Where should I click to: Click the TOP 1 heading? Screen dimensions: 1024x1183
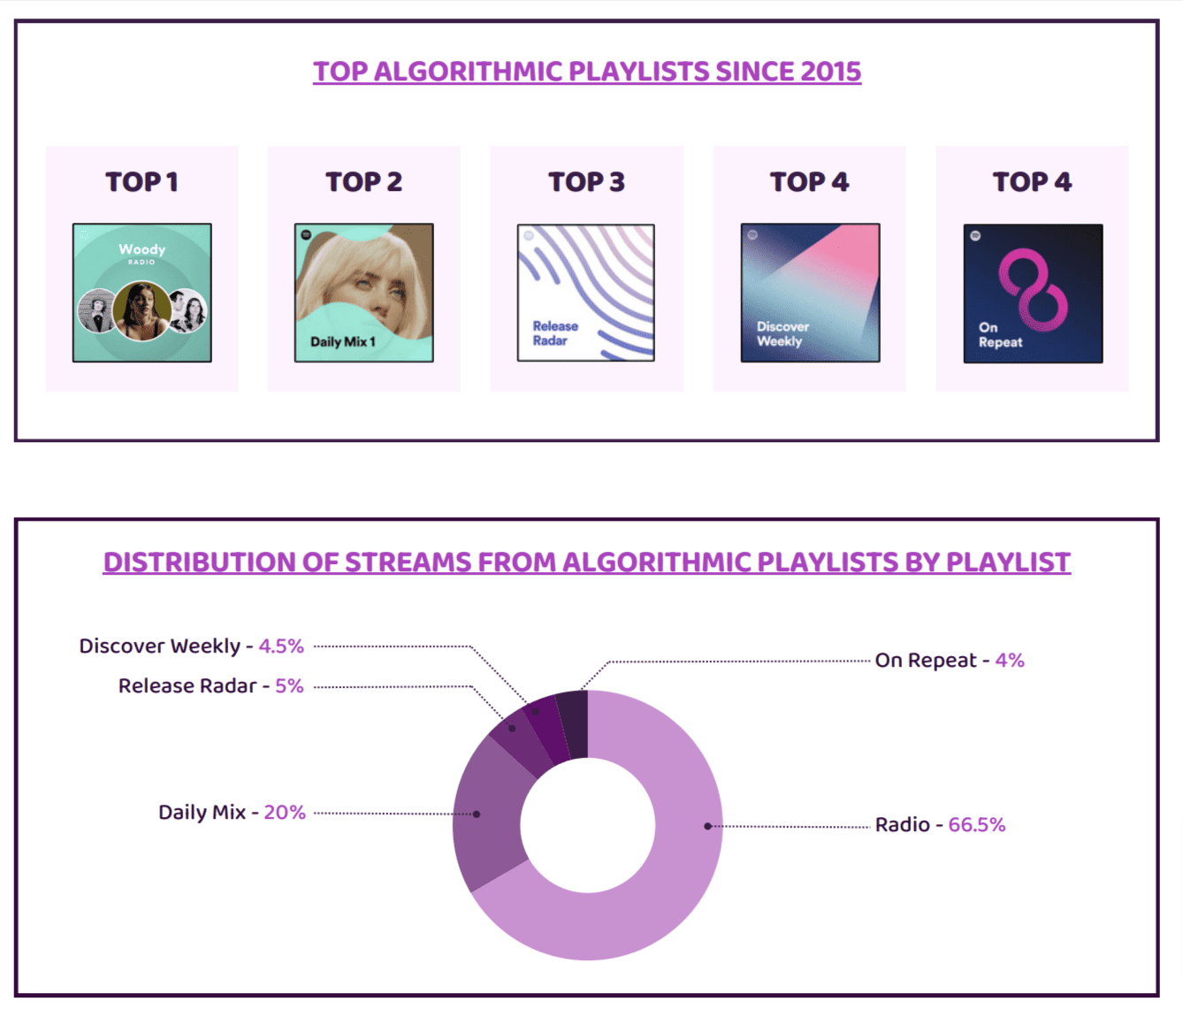tap(141, 182)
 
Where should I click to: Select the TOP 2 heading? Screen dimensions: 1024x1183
tap(363, 182)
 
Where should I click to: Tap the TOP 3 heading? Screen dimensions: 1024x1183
tap(586, 182)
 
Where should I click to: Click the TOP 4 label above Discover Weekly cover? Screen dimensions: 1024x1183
tap(809, 182)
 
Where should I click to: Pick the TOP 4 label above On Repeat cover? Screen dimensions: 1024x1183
tap(1032, 182)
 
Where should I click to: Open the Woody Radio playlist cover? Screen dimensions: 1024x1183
tap(141, 293)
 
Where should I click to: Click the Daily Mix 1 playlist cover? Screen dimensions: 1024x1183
tap(363, 293)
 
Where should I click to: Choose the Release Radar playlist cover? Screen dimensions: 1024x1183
tap(586, 293)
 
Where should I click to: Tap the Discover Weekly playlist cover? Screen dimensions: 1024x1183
tap(810, 293)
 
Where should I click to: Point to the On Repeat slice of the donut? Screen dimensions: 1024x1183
tap(573, 724)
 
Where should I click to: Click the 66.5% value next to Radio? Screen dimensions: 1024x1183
tap(976, 825)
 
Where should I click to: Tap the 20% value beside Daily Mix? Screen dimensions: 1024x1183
tap(284, 813)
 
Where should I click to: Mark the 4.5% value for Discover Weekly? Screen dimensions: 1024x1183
tap(280, 646)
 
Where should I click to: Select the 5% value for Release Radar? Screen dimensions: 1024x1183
tap(289, 686)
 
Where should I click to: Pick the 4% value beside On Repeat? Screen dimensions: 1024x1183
tap(1009, 661)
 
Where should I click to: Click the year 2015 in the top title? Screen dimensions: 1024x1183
tap(830, 72)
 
